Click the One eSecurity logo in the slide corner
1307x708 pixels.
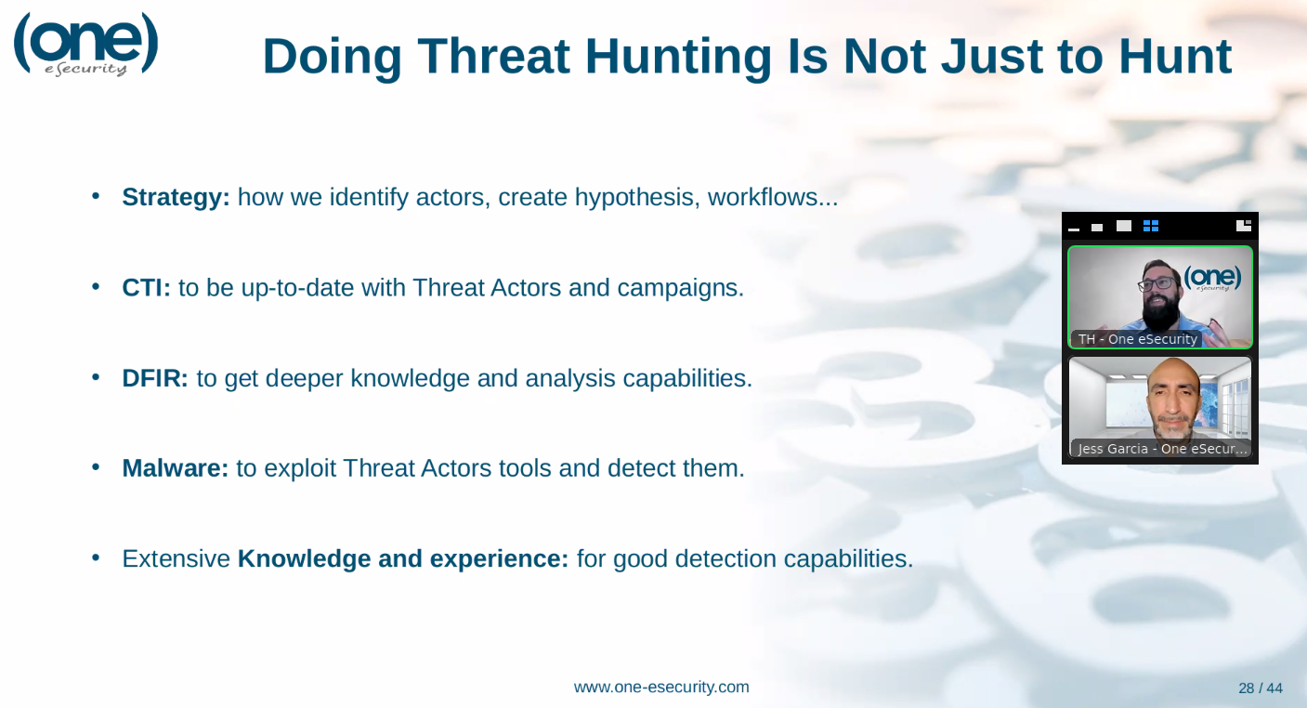85,45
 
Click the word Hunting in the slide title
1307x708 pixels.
678,58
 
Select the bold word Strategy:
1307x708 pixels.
176,197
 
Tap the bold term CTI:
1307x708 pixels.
146,287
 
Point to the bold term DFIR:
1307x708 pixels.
154,378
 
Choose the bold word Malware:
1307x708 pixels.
175,468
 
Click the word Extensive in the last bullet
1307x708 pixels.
176,558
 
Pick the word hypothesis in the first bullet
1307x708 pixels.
637,198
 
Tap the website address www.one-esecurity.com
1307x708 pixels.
661,687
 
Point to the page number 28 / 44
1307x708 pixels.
1261,688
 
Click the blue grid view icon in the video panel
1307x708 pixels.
1151,226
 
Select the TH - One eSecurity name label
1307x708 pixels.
1137,339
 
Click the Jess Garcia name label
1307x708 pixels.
1161,448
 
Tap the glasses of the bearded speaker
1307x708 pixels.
1157,284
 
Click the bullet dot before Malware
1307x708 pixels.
96,467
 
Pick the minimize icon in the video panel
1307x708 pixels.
1074,229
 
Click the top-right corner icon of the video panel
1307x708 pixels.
1244,225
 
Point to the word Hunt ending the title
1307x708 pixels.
1175,58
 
